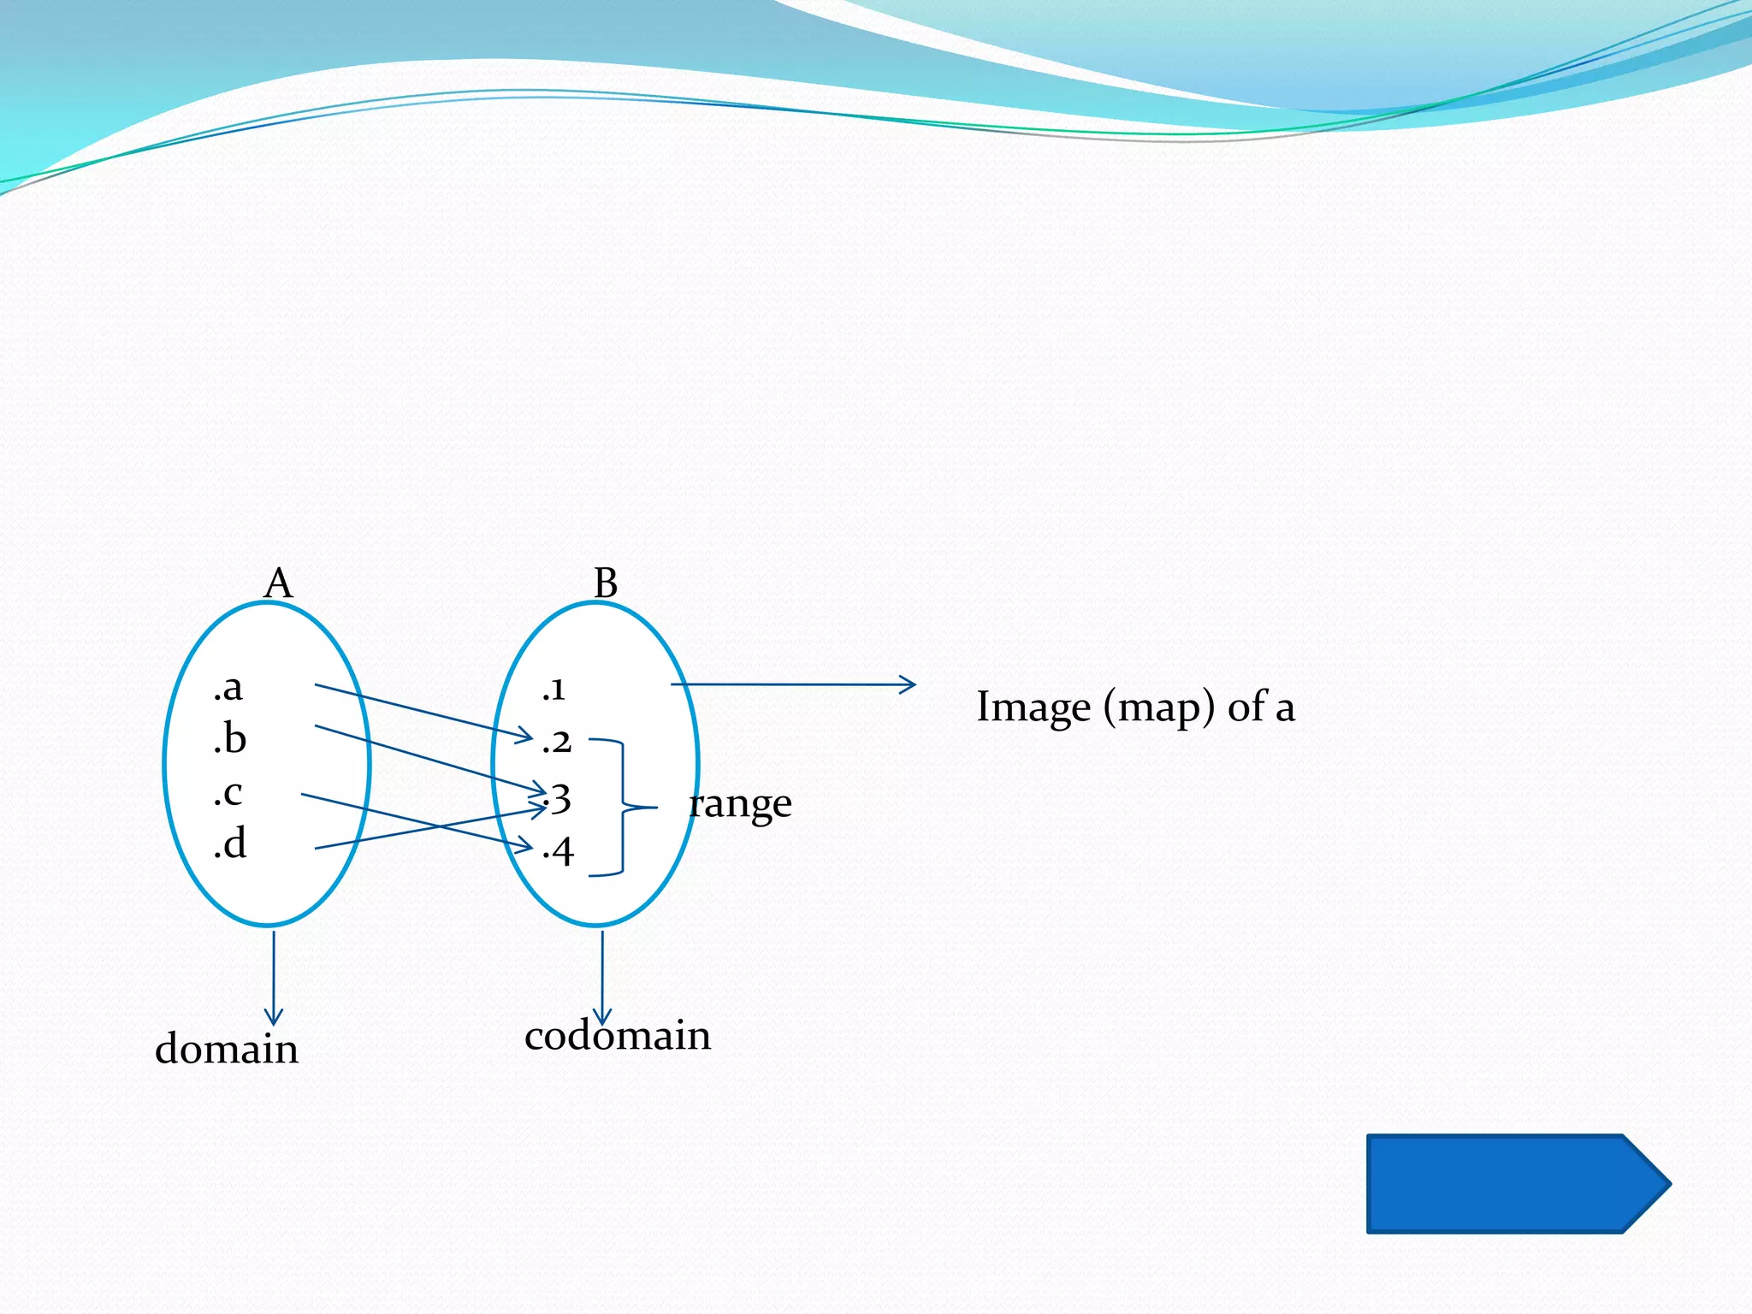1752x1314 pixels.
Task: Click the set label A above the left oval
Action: (x=278, y=583)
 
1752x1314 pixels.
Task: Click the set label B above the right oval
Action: (x=606, y=583)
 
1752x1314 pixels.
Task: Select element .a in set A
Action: (x=228, y=688)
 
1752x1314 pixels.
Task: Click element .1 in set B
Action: (x=553, y=690)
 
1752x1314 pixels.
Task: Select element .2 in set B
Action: (x=557, y=742)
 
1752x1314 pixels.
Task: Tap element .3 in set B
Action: (x=558, y=799)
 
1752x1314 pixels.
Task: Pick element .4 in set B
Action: (x=558, y=850)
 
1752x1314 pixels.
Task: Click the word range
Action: (x=741, y=804)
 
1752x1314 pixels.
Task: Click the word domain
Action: (x=227, y=1049)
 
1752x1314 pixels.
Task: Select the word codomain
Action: (x=618, y=1036)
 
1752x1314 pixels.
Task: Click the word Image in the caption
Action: (x=1033, y=707)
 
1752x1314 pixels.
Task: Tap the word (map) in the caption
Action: (x=1159, y=707)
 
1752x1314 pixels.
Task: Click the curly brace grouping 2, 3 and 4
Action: (x=623, y=807)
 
